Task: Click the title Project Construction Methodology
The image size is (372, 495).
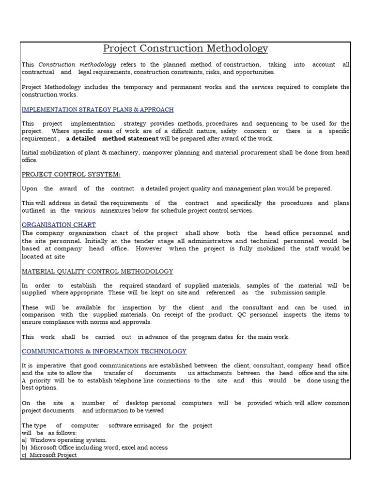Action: pos(186,49)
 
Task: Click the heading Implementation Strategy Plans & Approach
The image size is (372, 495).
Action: pos(97,110)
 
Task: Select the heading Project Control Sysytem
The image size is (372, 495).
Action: pos(71,174)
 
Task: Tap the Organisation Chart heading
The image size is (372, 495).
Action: pos(59,225)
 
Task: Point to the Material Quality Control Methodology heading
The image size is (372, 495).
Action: pos(97,272)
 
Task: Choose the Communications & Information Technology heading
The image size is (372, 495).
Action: pos(104,351)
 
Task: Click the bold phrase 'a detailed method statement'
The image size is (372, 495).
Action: pos(112,139)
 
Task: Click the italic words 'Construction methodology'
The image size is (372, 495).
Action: pos(77,64)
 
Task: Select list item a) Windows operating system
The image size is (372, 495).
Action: pos(64,440)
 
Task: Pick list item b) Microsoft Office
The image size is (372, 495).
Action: pos(95,448)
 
